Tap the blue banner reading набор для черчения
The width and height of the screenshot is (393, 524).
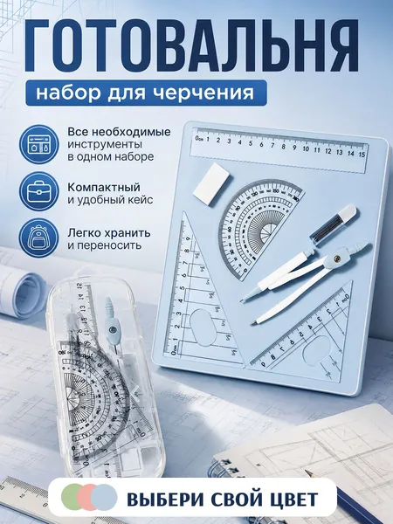[146, 93]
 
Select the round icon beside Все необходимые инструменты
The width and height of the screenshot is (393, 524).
[39, 144]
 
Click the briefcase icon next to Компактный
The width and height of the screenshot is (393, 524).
[39, 191]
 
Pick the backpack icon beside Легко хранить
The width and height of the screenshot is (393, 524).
[39, 238]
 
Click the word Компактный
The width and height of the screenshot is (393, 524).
[104, 188]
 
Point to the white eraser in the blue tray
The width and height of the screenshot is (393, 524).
[213, 183]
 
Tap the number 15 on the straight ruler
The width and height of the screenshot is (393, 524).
[362, 155]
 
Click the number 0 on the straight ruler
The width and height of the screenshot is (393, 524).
[197, 137]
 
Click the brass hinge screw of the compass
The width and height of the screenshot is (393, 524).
[337, 258]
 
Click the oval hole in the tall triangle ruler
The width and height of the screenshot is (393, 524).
[203, 327]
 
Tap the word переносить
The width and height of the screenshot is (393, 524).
[105, 245]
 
